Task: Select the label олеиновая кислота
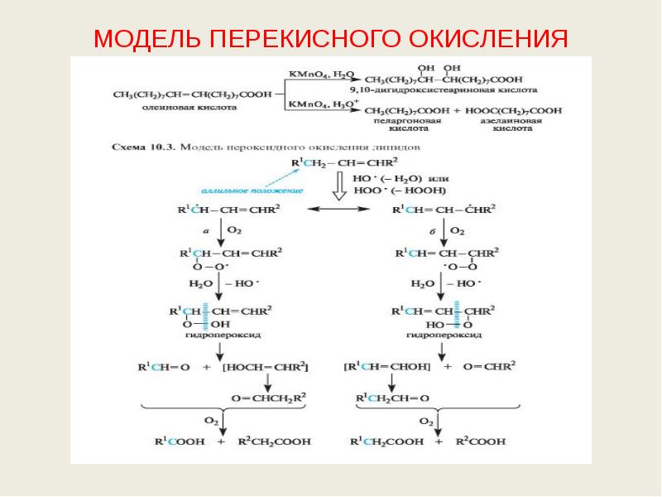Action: [x=199, y=107]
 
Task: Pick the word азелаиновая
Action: [x=514, y=121]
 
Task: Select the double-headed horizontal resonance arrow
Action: [x=337, y=210]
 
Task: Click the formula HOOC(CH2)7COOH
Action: [x=514, y=110]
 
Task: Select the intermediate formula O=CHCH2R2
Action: [x=270, y=398]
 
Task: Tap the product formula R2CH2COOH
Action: [x=274, y=442]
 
